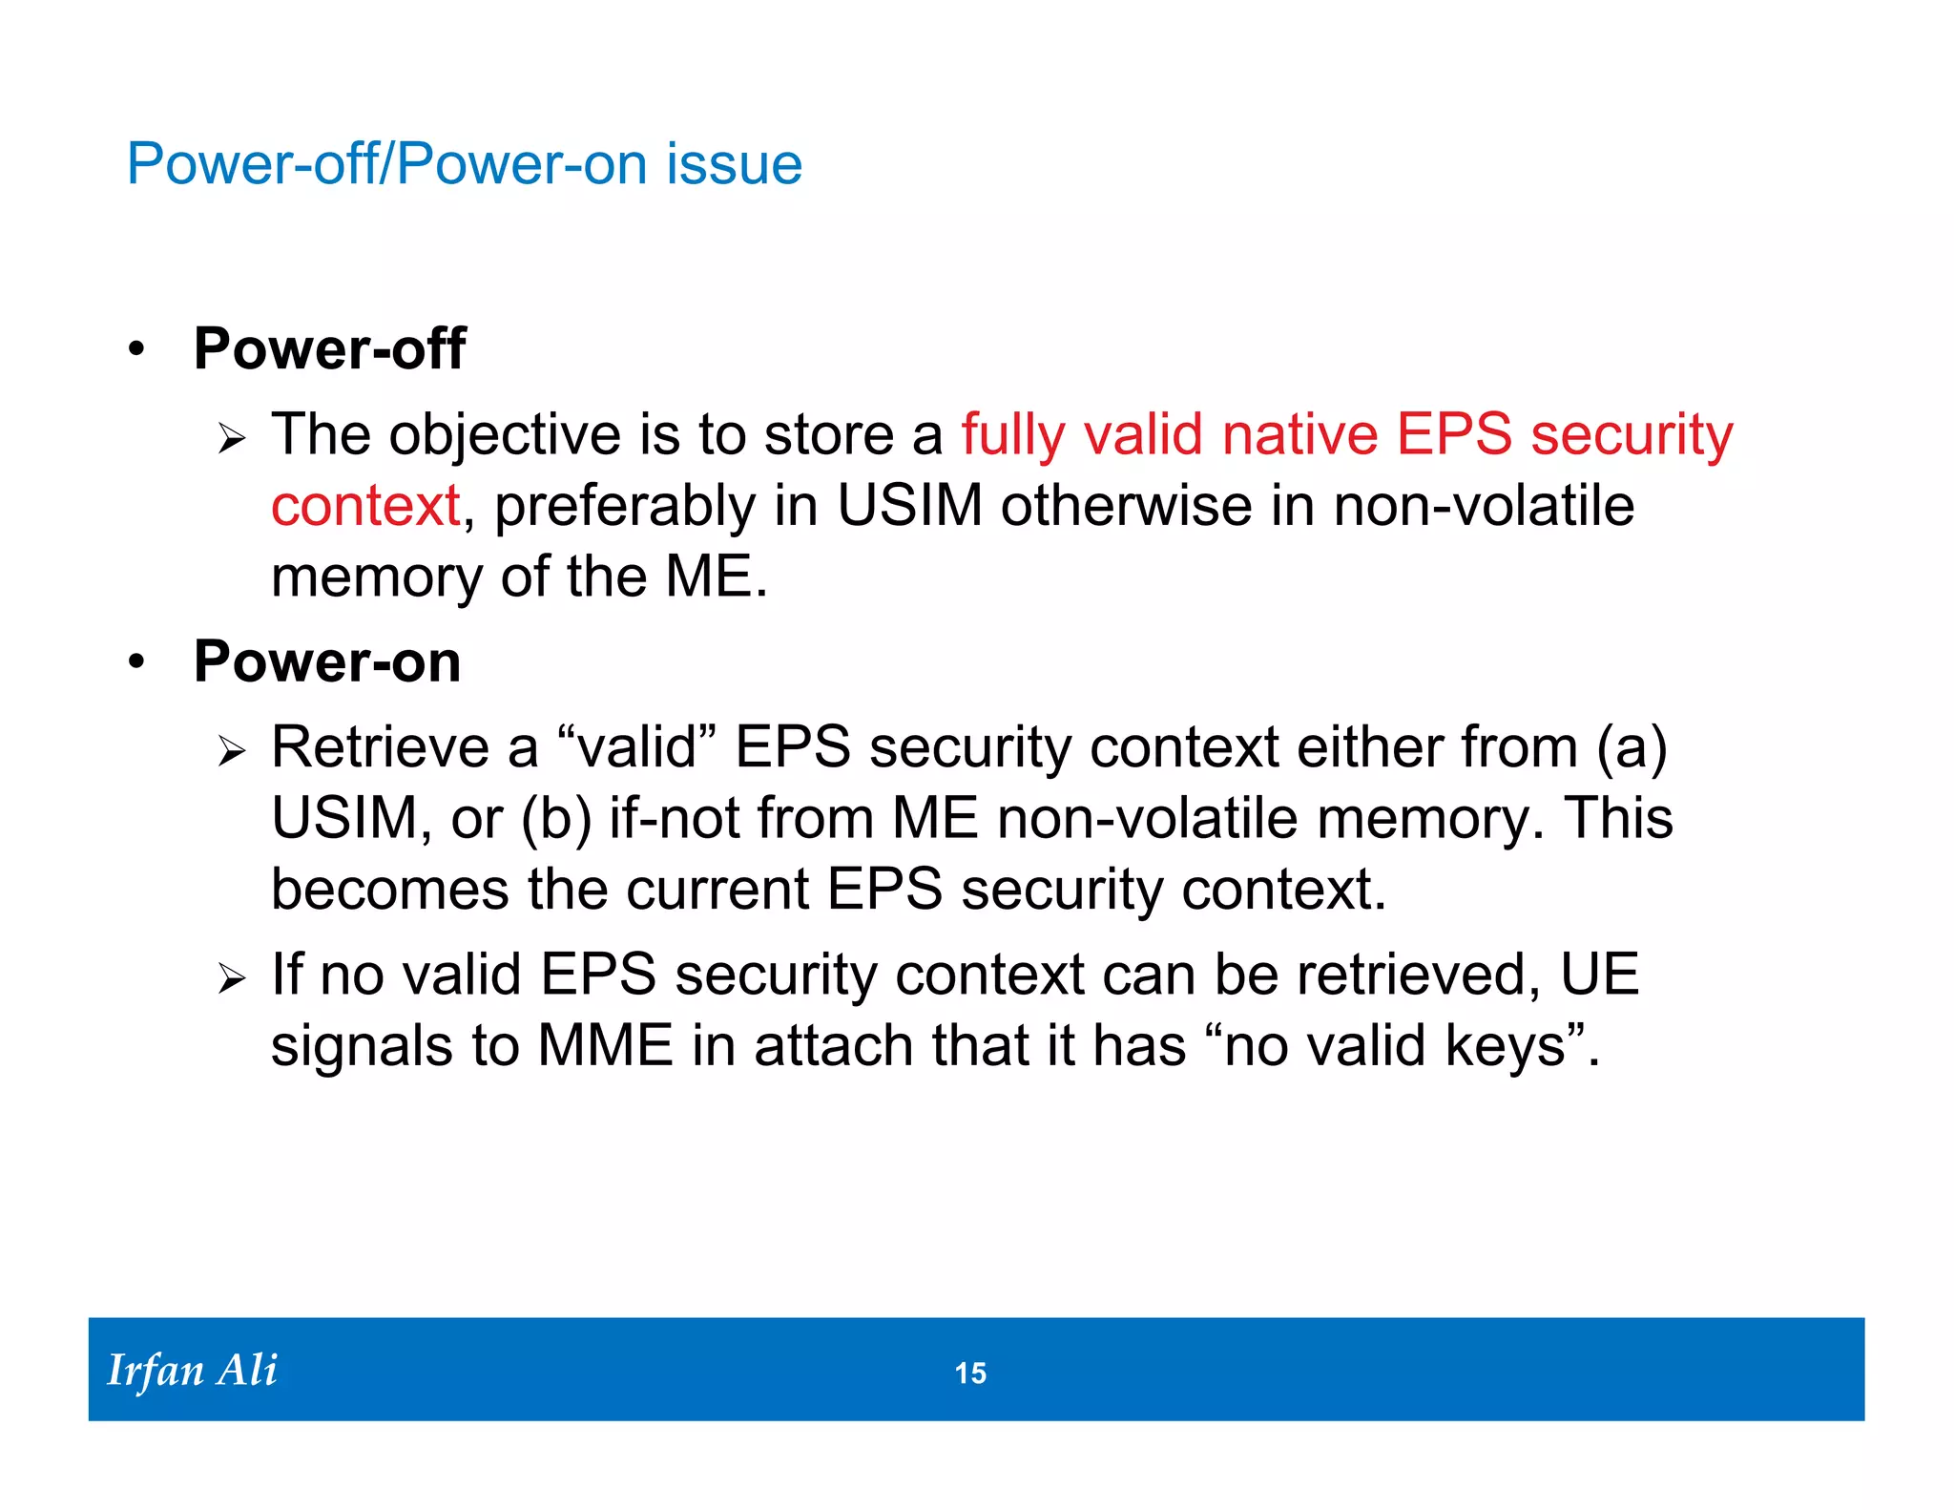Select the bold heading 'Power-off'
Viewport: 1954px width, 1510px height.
329,348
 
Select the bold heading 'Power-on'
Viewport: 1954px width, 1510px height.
327,661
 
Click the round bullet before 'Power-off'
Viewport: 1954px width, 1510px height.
137,350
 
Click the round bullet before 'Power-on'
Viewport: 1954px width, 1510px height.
137,662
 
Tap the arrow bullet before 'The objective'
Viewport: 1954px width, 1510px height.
231,440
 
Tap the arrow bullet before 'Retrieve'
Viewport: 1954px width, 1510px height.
231,752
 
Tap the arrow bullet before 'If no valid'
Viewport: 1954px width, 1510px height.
231,979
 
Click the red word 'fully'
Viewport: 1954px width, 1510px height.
1012,435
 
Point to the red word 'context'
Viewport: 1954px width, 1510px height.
365,506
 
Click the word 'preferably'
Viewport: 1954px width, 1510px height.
624,506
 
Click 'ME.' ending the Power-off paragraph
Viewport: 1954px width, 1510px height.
716,577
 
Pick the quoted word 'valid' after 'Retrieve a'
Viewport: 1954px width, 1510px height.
636,747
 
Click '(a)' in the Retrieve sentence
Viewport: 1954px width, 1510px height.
1632,747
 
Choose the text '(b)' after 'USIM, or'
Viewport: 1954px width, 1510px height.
556,819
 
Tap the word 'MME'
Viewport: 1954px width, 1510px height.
605,1046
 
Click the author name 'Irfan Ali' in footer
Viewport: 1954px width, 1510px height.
192,1371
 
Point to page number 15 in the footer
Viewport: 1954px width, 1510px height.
970,1374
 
